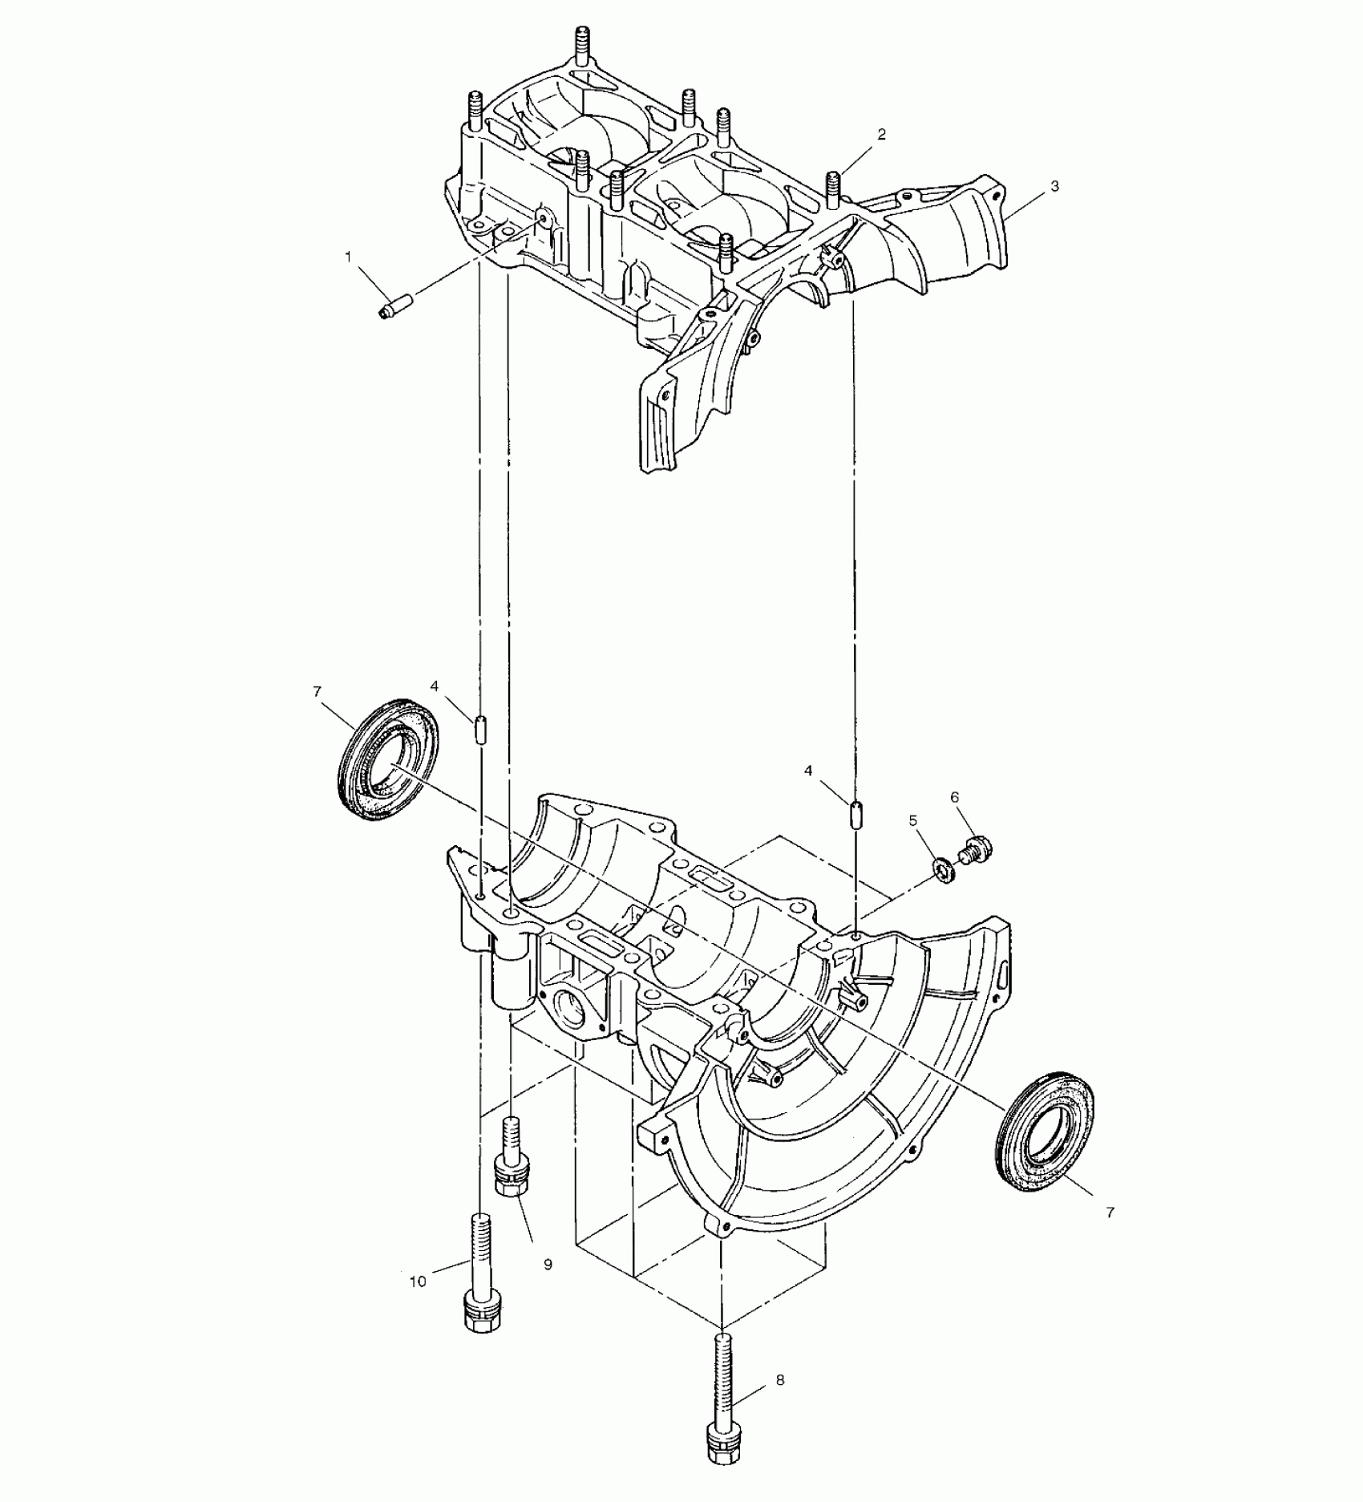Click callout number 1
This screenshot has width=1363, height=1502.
[x=348, y=257]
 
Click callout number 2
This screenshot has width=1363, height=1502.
[x=881, y=135]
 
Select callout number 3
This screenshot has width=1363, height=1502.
[x=1054, y=186]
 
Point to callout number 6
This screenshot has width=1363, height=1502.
[x=955, y=797]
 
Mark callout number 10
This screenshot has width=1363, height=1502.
[x=418, y=1281]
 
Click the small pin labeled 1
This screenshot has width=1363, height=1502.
[x=394, y=306]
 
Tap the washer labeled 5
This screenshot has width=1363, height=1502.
[x=944, y=868]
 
